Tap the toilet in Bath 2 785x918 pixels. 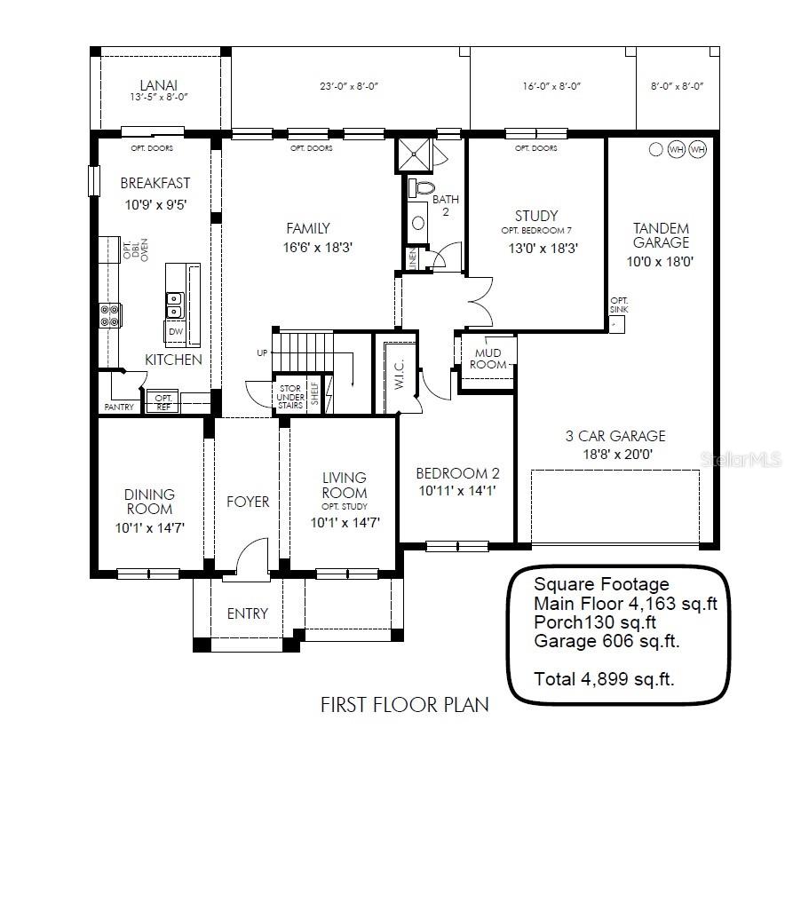(x=423, y=189)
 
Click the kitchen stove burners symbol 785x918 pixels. (x=110, y=315)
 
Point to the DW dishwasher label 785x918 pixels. (x=175, y=331)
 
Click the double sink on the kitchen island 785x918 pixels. (x=174, y=305)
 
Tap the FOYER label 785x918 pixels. (x=248, y=502)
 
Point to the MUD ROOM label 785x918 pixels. (x=488, y=359)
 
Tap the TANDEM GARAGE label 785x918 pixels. (x=661, y=235)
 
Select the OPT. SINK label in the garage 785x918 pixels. (x=619, y=305)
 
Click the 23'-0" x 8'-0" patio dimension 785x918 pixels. (x=350, y=86)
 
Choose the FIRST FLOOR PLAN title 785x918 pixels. (x=404, y=705)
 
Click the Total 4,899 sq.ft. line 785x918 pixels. (x=604, y=679)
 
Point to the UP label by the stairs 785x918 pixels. (x=262, y=353)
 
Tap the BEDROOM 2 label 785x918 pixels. (x=457, y=473)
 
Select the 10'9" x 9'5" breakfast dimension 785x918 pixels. (x=155, y=203)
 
